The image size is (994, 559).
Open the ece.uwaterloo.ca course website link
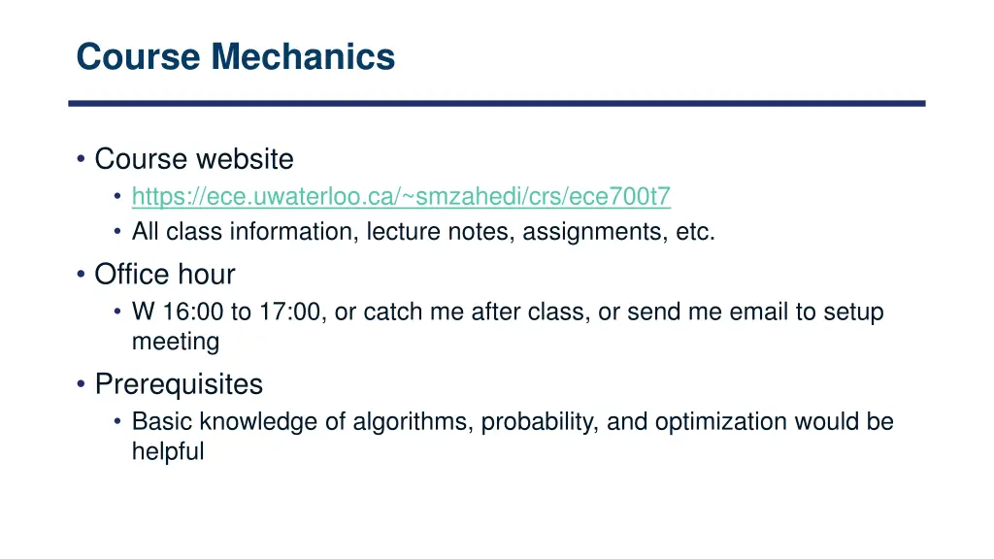[x=401, y=197]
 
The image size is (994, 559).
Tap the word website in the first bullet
[x=246, y=159]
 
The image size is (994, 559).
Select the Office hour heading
[x=164, y=275]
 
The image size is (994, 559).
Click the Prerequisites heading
[x=179, y=384]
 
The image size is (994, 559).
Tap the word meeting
[x=176, y=342]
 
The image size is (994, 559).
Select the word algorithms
[x=412, y=422]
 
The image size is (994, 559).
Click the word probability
[x=537, y=422]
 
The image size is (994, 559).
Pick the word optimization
[x=720, y=422]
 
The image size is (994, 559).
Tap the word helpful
[x=168, y=451]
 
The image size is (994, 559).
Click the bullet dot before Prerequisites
[x=81, y=385]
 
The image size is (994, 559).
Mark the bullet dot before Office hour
[x=81, y=276]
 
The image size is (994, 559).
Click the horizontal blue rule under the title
[x=496, y=103]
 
